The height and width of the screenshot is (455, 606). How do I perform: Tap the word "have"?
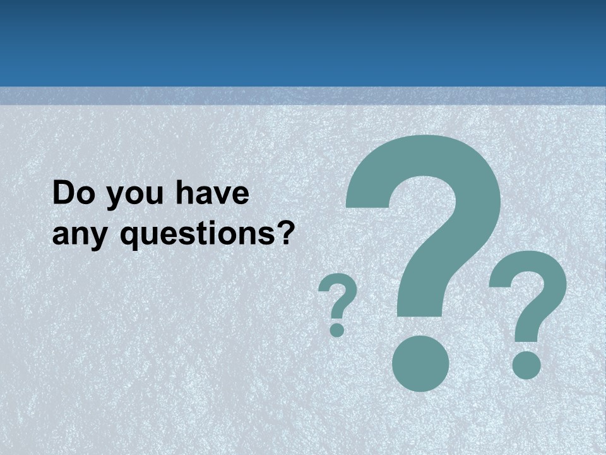(x=211, y=193)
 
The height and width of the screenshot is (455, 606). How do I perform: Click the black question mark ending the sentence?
(x=286, y=232)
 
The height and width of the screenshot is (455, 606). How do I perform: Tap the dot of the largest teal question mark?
(x=420, y=363)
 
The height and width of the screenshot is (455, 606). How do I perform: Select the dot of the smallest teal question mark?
(x=337, y=330)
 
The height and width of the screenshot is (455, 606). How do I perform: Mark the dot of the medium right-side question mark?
(x=526, y=365)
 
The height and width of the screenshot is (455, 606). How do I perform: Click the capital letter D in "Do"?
(x=64, y=193)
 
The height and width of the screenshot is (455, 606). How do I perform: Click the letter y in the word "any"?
(x=100, y=238)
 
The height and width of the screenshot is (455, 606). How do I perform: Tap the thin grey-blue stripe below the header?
(x=303, y=95)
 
